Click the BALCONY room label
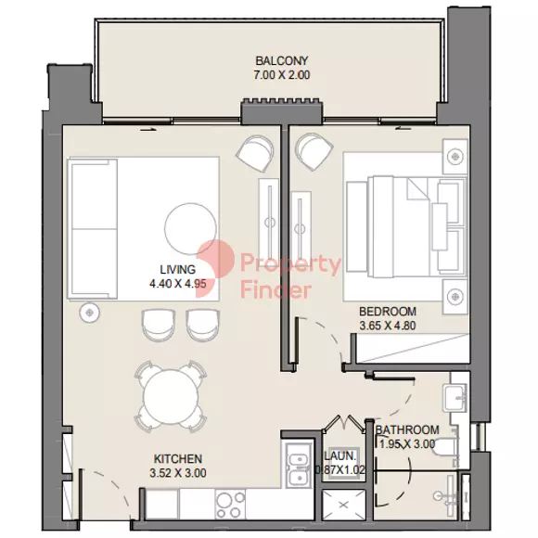(x=282, y=60)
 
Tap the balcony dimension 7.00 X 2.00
(x=282, y=75)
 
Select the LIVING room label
(x=178, y=269)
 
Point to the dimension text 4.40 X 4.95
(x=178, y=284)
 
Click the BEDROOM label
(x=388, y=312)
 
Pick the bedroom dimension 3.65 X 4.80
(x=388, y=326)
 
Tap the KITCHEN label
(x=178, y=459)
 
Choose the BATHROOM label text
(x=407, y=429)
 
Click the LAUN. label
(x=340, y=456)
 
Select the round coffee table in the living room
(x=190, y=229)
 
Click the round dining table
(x=170, y=395)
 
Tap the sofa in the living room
(x=93, y=229)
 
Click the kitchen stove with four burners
(x=230, y=504)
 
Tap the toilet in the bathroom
(x=446, y=448)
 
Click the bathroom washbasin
(x=455, y=398)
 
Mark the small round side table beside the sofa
(x=90, y=313)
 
